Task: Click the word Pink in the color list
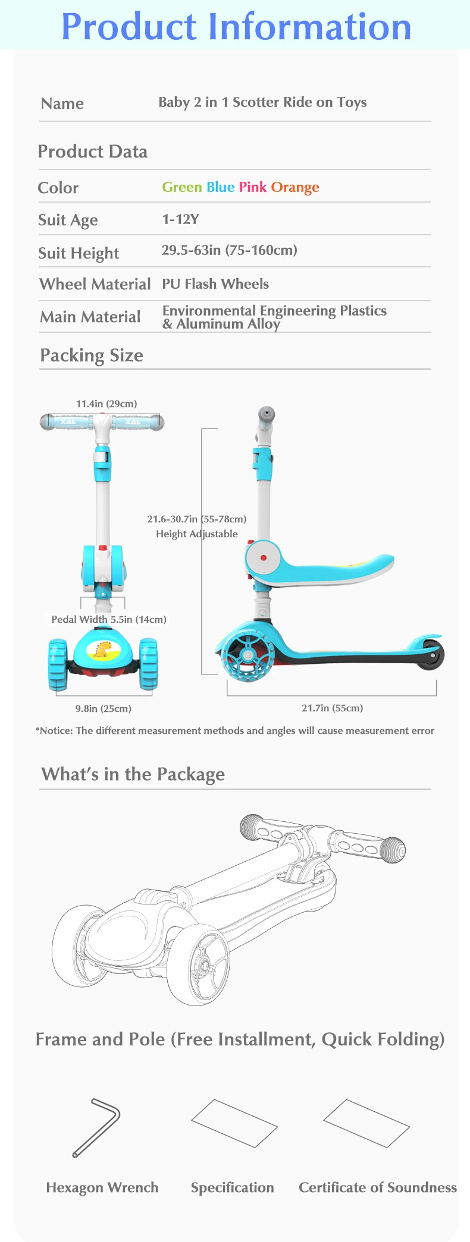point(253,187)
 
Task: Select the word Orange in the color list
point(295,188)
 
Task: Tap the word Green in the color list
point(182,187)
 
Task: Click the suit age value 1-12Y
point(181,219)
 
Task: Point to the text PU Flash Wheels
point(215,284)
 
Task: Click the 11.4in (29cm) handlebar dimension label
point(106,404)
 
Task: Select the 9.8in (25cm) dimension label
point(104,708)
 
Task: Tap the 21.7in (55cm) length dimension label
point(332,708)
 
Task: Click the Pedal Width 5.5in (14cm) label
point(109,619)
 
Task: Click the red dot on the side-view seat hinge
point(264,558)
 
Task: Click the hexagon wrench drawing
point(96,1127)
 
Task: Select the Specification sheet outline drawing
point(234,1123)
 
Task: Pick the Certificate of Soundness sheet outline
point(366,1123)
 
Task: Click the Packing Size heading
point(92,355)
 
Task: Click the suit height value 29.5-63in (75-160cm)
point(230,250)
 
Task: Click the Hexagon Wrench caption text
point(102,1187)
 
